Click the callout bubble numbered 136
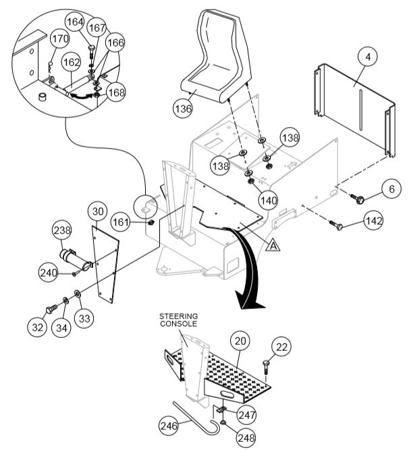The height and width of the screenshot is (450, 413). click(x=183, y=108)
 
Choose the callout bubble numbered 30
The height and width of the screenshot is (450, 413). click(x=98, y=212)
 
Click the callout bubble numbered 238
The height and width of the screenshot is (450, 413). click(x=63, y=231)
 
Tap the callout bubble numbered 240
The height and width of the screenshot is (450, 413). click(x=48, y=273)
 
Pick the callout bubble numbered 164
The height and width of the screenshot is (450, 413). click(x=76, y=22)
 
